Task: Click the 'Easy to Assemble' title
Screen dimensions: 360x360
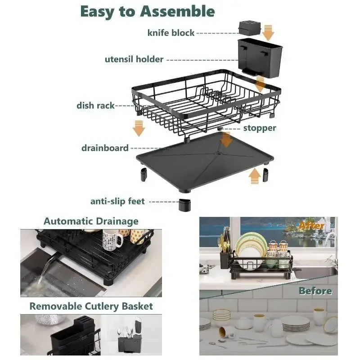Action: pos(147,11)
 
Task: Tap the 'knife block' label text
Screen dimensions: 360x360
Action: pos(171,33)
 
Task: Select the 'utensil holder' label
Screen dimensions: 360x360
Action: pos(134,59)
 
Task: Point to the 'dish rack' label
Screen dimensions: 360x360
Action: pos(95,106)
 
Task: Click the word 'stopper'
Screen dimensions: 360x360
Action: pos(260,128)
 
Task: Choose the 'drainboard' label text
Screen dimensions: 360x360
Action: pos(105,148)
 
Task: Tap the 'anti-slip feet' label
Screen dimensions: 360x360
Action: pos(117,201)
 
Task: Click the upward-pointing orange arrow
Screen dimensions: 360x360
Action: pos(255,175)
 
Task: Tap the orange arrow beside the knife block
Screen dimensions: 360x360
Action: pos(269,32)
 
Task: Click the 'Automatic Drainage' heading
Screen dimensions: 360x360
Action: pos(91,221)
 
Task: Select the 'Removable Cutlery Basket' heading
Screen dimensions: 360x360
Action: pos(91,306)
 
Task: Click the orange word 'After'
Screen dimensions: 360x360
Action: pos(312,225)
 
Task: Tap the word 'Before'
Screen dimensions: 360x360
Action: pos(315,291)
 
